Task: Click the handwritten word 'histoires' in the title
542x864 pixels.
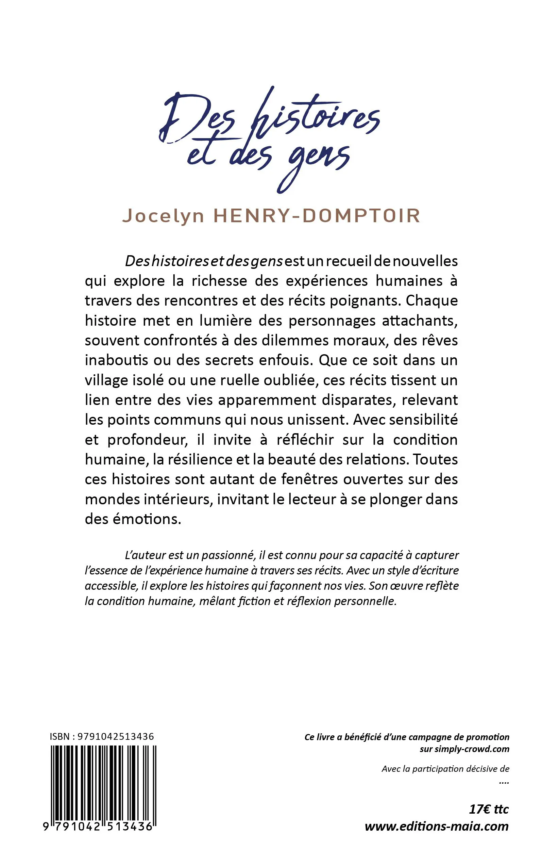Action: [x=316, y=115]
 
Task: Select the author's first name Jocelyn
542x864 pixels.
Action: [x=164, y=216]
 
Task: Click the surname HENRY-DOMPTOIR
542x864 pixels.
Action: [x=317, y=216]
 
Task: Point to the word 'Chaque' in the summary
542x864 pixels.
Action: [x=431, y=300]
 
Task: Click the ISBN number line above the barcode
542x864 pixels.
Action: [x=102, y=737]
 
